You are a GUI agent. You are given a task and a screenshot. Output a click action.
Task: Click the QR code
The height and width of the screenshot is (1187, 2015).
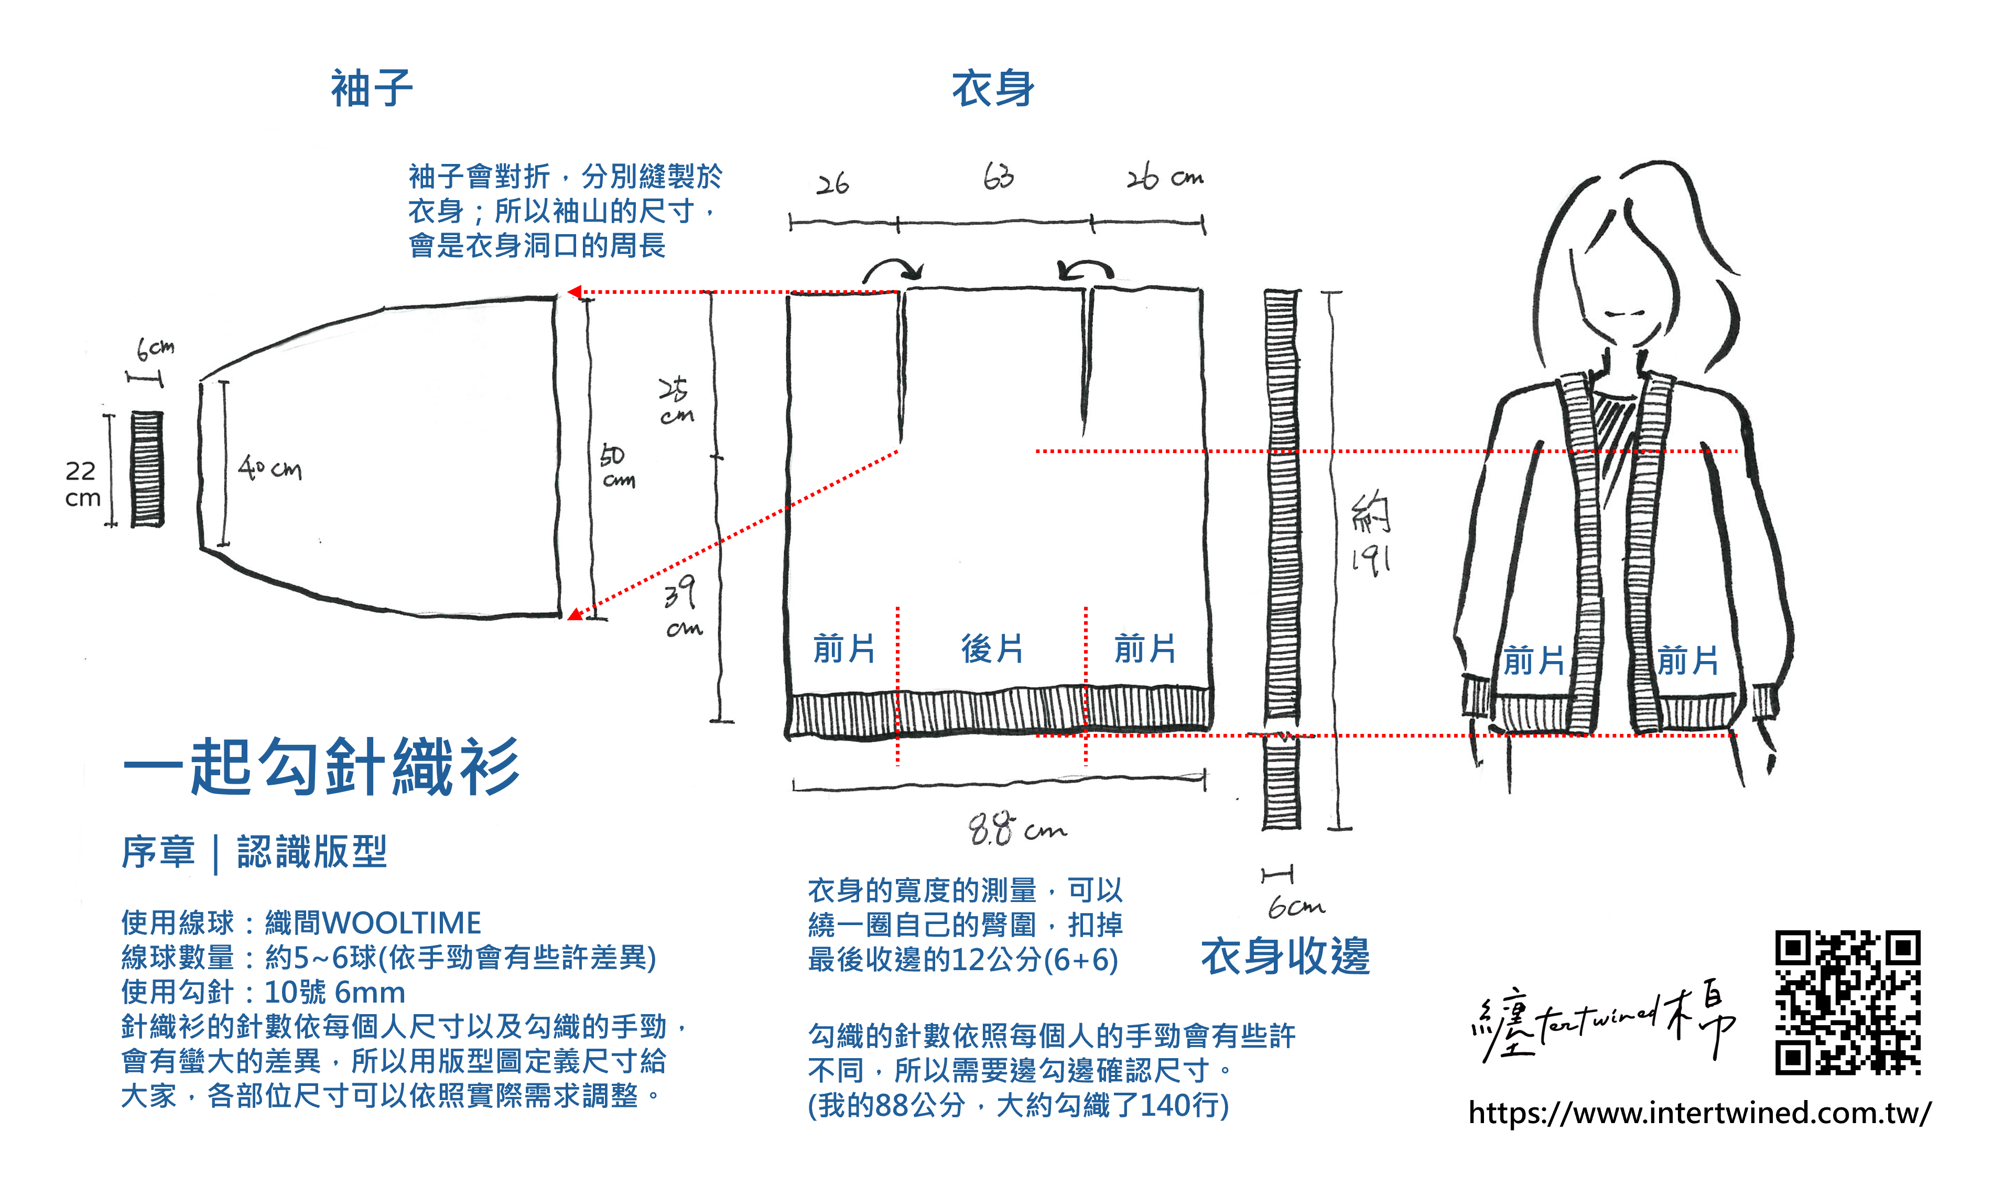[x=1847, y=1002]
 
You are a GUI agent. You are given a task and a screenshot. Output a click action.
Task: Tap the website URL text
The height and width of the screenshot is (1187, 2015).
[x=1699, y=1113]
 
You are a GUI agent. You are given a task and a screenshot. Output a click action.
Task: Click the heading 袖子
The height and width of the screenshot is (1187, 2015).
[x=372, y=88]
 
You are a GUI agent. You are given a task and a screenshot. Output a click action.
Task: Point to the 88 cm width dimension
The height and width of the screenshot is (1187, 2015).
[x=1016, y=829]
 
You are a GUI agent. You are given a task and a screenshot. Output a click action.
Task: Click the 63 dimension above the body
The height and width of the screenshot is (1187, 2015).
[x=998, y=177]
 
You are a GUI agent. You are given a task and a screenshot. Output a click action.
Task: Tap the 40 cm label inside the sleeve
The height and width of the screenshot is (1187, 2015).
[x=269, y=467]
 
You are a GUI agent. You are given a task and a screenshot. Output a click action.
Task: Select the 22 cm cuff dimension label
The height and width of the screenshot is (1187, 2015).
[x=82, y=484]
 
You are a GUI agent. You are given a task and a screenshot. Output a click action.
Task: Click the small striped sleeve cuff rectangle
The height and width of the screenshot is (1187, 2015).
[x=147, y=469]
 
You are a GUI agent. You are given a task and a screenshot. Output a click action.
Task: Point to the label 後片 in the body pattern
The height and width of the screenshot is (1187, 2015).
[x=992, y=649]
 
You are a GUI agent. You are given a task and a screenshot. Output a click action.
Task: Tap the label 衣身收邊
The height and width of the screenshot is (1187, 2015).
[x=1285, y=956]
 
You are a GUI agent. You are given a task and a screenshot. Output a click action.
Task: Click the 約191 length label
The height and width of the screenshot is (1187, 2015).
[x=1370, y=536]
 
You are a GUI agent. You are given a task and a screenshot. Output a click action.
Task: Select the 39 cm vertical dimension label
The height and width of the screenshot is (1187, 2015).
[x=682, y=610]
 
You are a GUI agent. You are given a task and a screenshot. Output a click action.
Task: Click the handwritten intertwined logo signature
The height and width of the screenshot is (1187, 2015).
[x=1603, y=1020]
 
